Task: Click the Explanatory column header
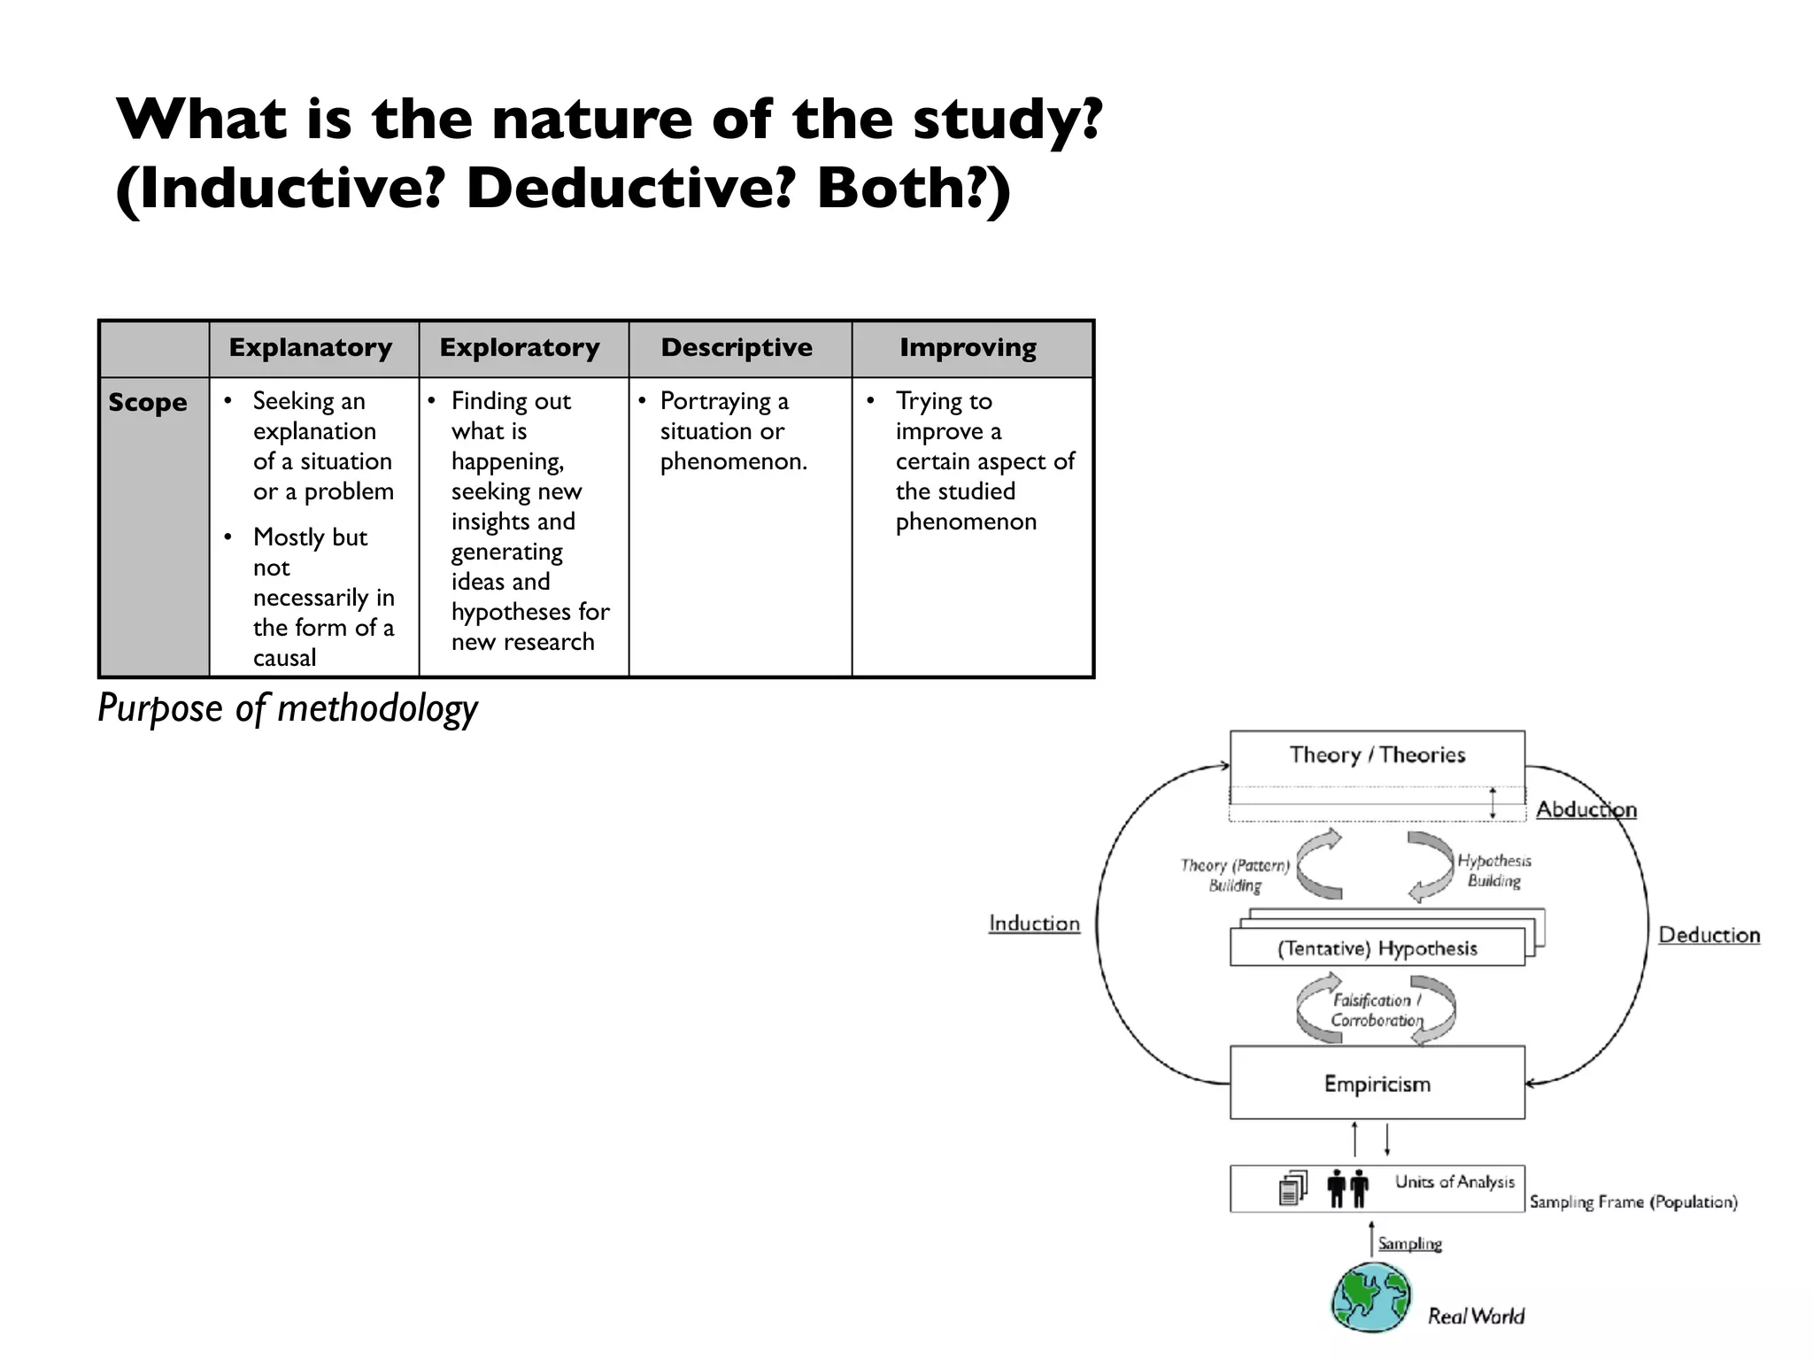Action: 311,348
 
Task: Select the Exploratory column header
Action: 520,348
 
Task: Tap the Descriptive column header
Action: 737,348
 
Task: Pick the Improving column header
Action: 968,348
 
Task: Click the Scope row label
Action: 148,403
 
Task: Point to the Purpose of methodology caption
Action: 288,708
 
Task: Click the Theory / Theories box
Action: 1377,755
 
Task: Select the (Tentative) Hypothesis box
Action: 1377,948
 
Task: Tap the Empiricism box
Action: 1377,1084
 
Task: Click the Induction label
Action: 1034,923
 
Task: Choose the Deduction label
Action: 1709,935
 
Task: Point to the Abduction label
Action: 1585,809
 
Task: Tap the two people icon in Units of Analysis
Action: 1348,1188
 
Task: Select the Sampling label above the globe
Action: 1409,1243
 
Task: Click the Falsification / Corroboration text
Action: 1377,1010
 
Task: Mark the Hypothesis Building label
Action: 1494,870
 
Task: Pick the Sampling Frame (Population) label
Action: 1633,1202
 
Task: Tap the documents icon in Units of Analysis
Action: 1292,1188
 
